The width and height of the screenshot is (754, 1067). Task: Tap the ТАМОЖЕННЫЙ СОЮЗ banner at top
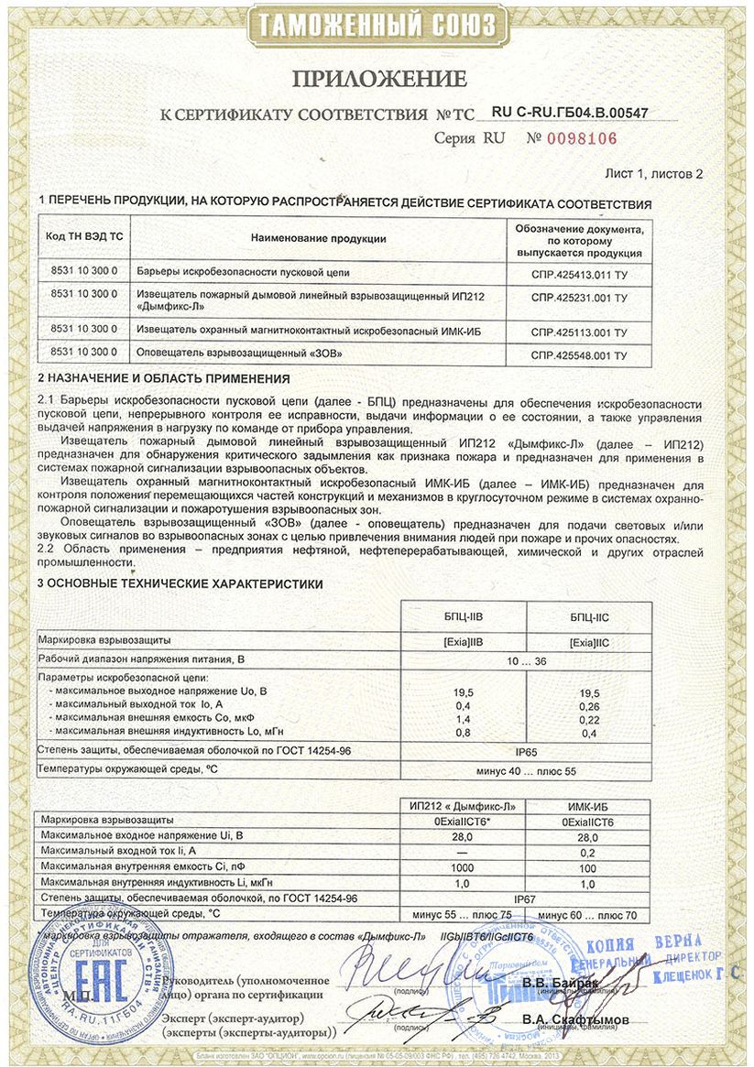coord(377,26)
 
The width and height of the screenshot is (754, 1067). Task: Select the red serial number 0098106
coord(583,139)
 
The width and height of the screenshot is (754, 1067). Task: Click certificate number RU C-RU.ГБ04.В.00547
coord(570,113)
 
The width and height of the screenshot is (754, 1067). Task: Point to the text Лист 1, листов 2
coord(654,173)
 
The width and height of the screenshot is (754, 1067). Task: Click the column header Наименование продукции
coord(318,238)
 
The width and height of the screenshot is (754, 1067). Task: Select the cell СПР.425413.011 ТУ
coord(579,274)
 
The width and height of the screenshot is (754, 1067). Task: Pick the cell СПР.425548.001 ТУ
coord(579,354)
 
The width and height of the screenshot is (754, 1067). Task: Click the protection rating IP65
coord(526,751)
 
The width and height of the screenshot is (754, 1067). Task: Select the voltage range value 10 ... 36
coord(527,659)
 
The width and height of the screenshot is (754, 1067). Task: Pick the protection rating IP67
coord(526,898)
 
